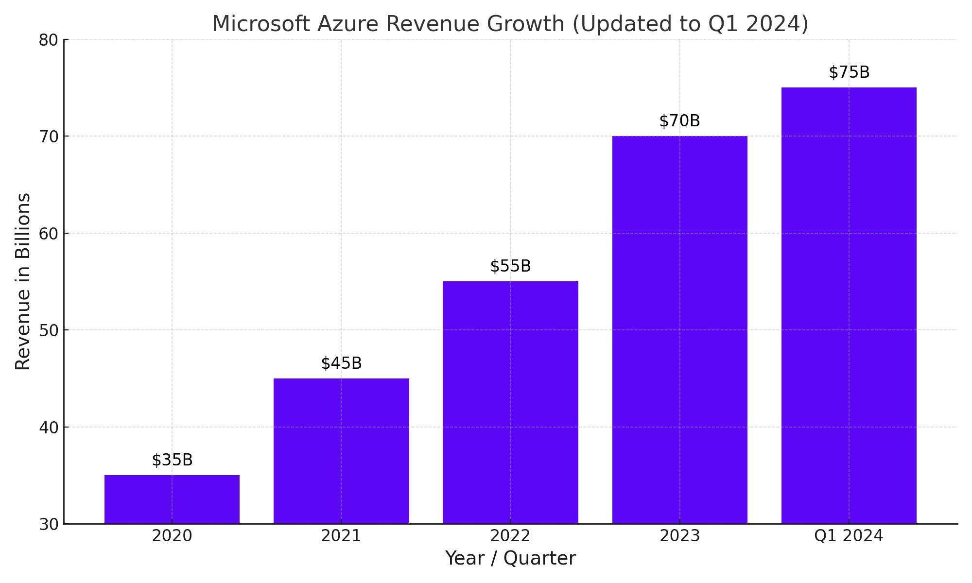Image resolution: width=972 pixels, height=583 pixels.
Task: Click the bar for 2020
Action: tap(172, 499)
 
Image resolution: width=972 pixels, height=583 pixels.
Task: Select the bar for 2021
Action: tap(341, 451)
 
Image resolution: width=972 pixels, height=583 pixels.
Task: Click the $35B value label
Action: tap(172, 460)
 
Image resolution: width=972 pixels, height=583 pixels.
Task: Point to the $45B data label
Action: tap(341, 363)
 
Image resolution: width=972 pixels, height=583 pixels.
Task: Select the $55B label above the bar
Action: tap(510, 266)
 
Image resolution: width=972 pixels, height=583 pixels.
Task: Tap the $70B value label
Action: tap(679, 121)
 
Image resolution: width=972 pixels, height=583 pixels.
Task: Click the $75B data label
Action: tap(849, 72)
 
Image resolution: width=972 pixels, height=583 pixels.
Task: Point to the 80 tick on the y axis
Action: tap(49, 40)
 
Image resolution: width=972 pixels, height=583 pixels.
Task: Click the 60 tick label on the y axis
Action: tap(49, 234)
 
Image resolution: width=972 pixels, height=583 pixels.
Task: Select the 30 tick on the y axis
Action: tap(49, 525)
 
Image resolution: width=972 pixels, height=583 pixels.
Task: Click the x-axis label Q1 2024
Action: tap(849, 536)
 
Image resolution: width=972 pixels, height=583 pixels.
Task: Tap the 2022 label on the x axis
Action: tap(510, 536)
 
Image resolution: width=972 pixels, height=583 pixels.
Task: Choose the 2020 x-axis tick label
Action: tap(172, 536)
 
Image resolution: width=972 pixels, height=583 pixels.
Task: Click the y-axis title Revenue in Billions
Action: tap(23, 282)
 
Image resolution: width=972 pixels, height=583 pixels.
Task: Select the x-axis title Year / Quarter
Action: tap(510, 559)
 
